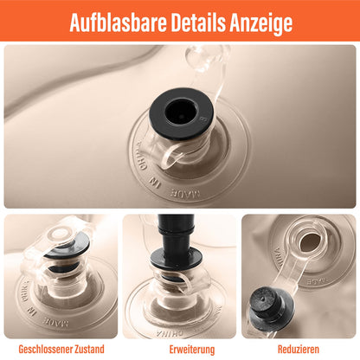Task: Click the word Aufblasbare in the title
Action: point(119,22)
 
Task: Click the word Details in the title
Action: point(198,22)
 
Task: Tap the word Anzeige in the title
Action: point(261,24)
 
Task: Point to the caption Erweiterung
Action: point(192,350)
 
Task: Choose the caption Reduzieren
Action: point(299,349)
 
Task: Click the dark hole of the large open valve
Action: point(181,112)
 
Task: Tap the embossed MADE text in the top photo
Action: point(185,193)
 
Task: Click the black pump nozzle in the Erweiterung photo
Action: point(175,234)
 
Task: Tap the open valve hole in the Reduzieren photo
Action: point(311,242)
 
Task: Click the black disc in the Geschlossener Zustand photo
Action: point(68,246)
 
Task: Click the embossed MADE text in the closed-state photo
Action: point(56,322)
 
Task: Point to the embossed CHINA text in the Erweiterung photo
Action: point(170,333)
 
